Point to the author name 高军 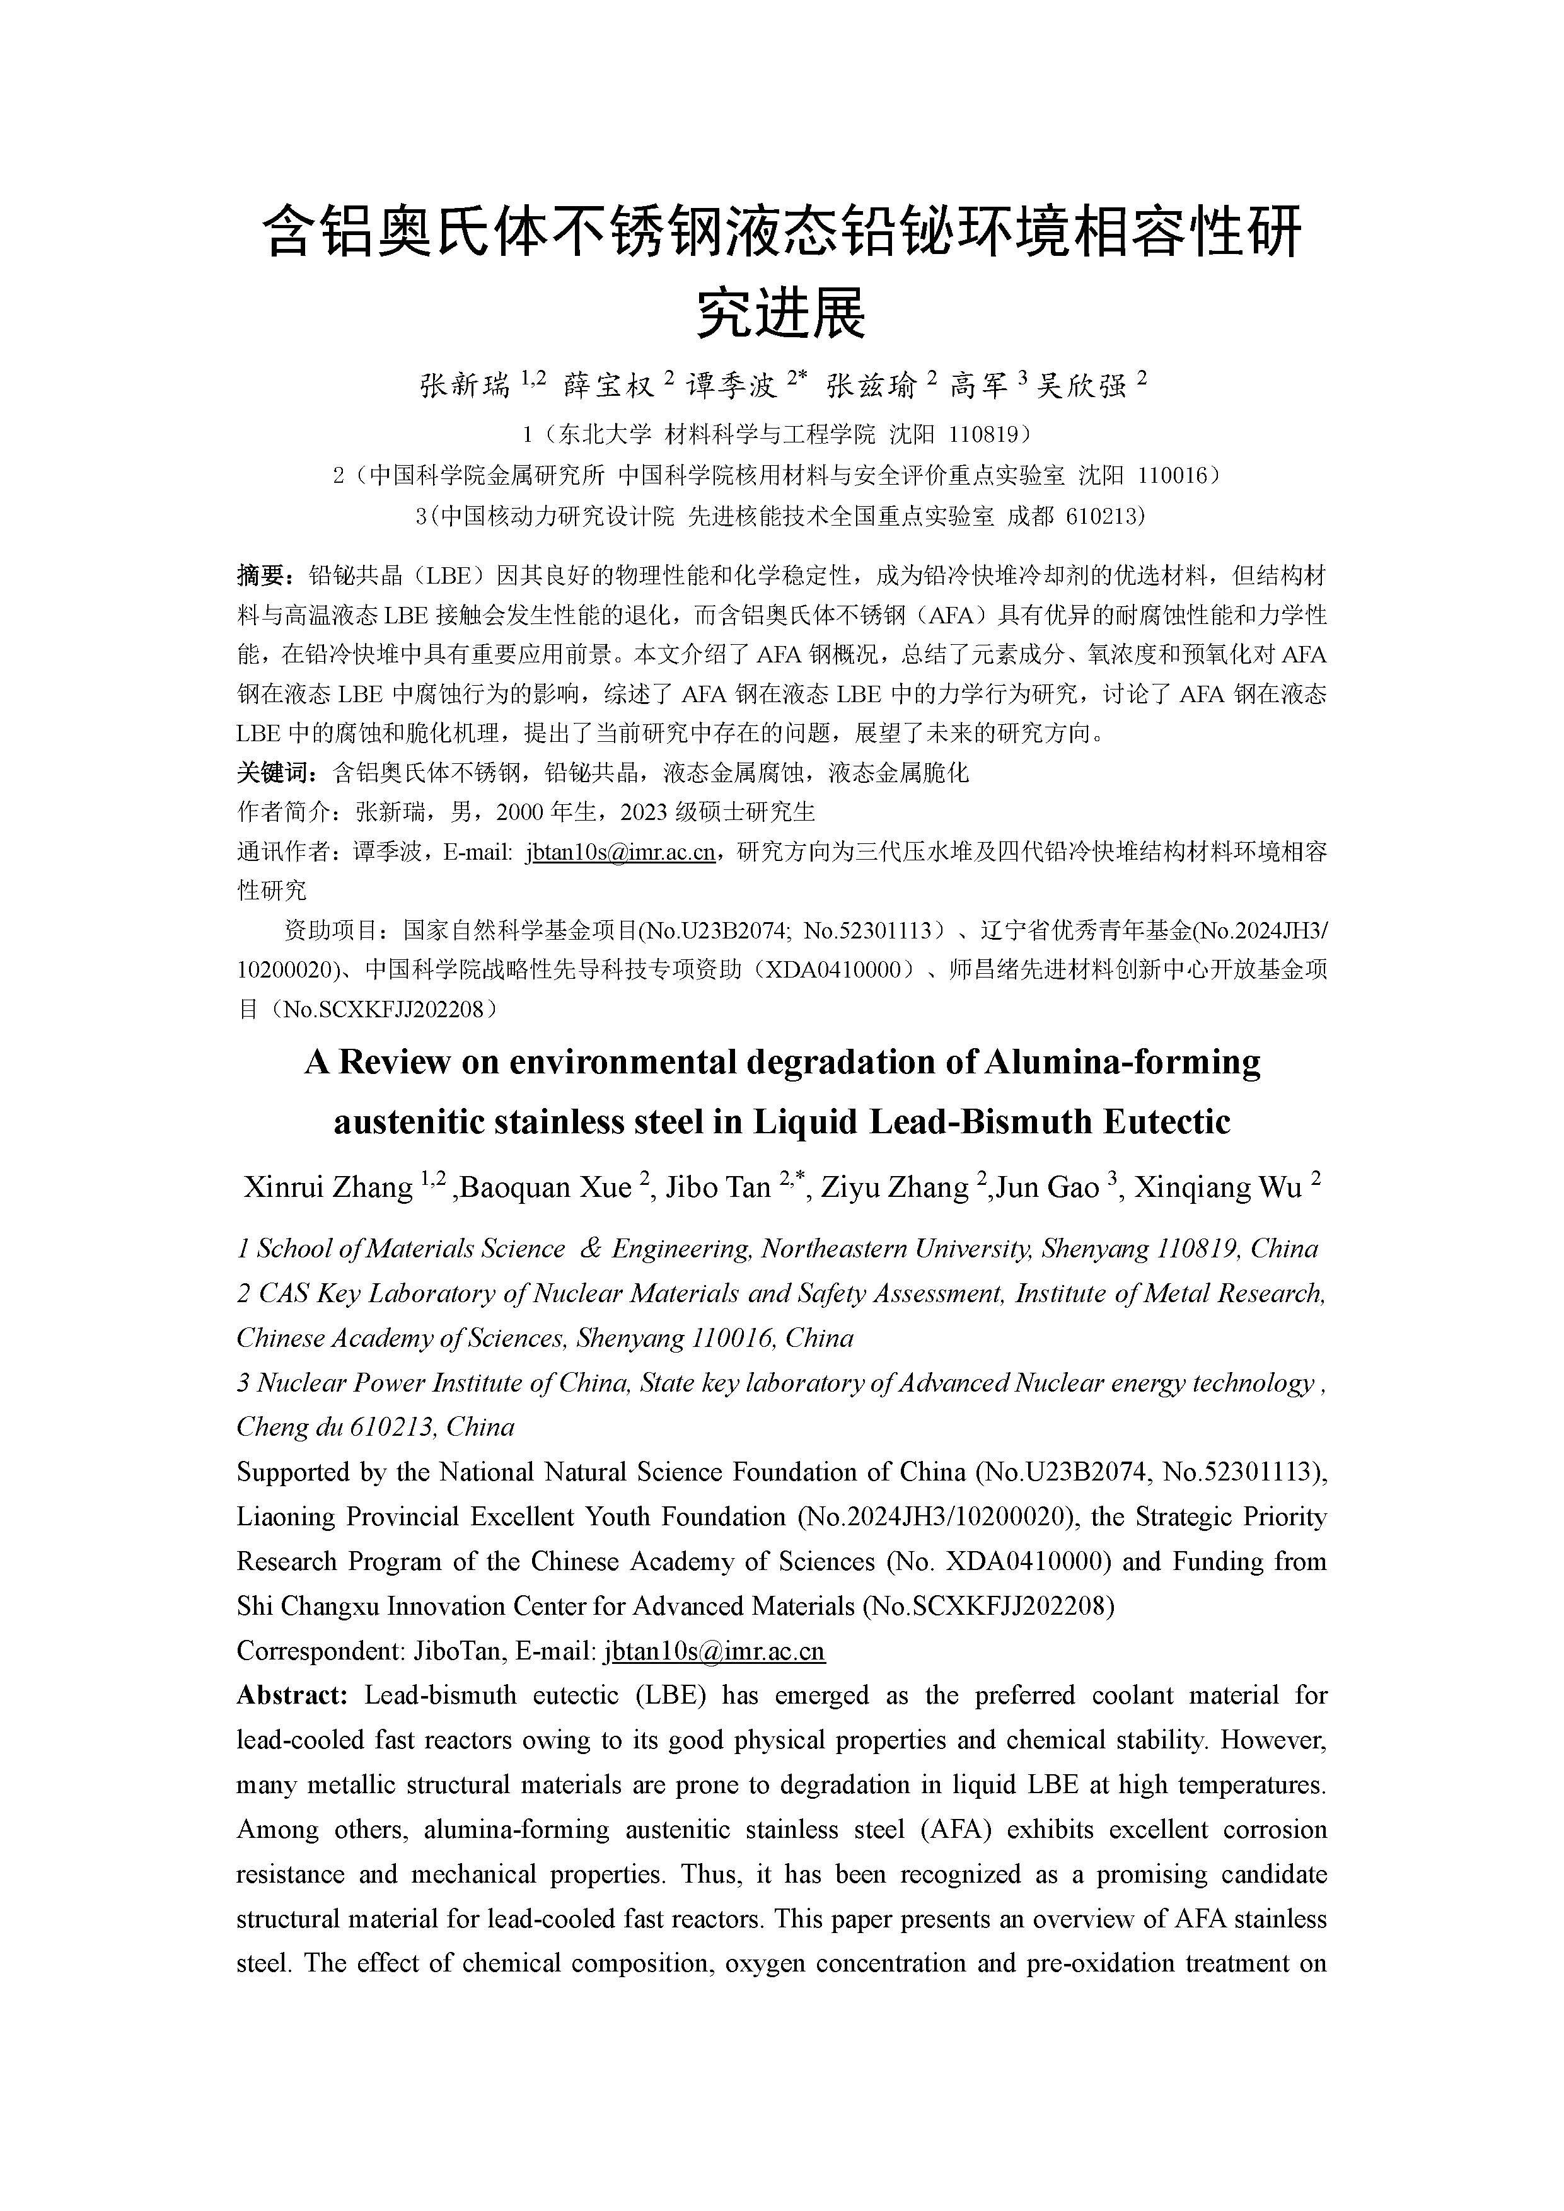point(978,386)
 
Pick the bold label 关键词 point(274,772)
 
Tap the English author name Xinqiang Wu point(1219,1187)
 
